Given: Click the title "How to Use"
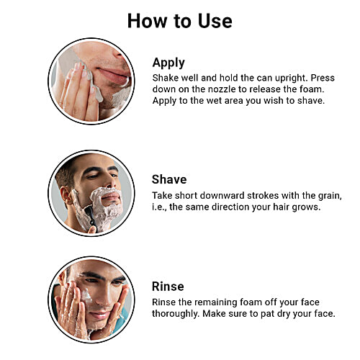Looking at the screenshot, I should coord(179,20).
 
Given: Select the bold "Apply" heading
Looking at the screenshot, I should coord(168,62).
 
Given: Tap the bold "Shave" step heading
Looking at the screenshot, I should coord(169,179).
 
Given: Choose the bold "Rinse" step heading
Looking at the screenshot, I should coord(168,286).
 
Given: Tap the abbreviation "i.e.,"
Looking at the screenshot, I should coord(161,207).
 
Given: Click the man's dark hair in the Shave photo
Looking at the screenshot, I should coord(76,171).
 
